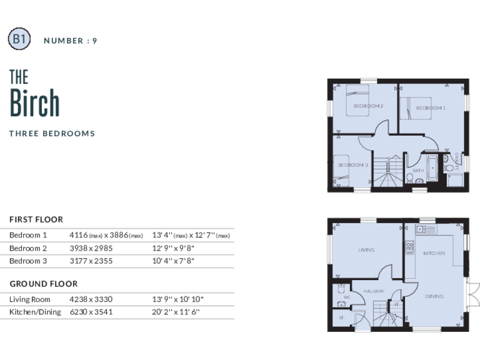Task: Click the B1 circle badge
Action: [19, 39]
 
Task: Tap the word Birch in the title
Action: [34, 103]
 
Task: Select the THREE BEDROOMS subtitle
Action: [52, 133]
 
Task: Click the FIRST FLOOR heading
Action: [36, 219]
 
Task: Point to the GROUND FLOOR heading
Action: [43, 284]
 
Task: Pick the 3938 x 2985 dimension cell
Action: [91, 248]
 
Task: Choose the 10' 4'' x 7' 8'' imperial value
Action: [173, 261]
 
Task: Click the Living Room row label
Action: [30, 299]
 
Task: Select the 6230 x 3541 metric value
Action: [91, 312]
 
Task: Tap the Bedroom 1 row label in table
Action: [28, 235]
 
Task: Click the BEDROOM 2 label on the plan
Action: [367, 106]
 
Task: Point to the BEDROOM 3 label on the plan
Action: [352, 165]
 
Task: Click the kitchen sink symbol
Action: [426, 229]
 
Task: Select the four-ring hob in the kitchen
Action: [410, 247]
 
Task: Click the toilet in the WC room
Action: [341, 289]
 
